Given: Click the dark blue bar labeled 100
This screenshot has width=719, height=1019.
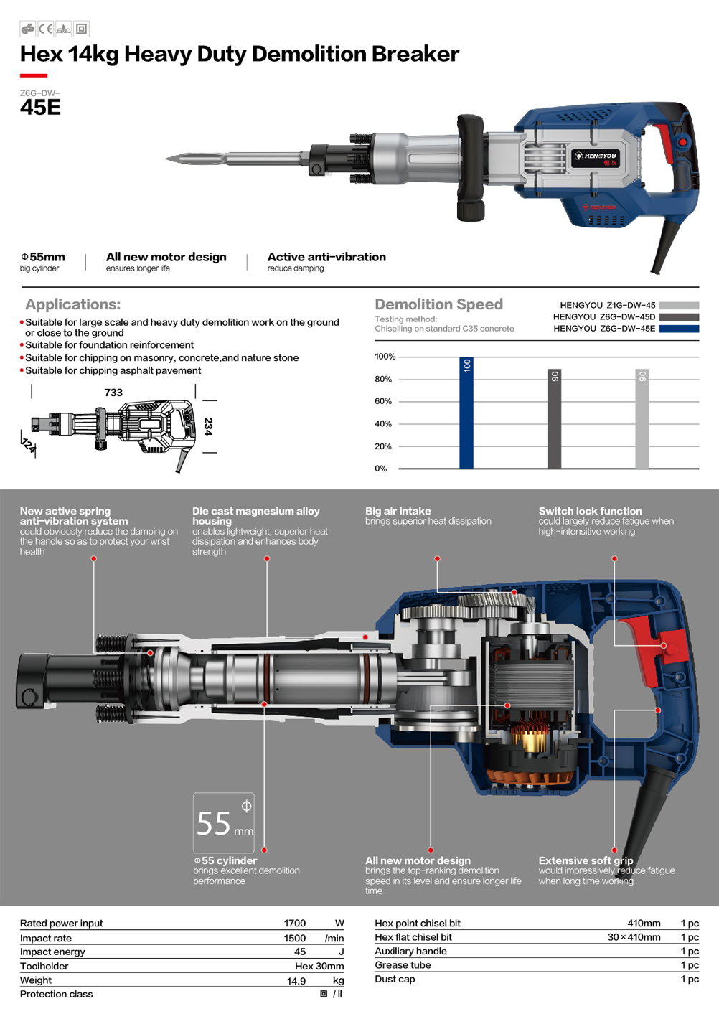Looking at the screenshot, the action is pos(466,413).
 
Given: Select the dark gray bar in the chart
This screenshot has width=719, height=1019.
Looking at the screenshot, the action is pos(554,418).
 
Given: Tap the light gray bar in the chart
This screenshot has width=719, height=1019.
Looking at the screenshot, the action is pos(642,418).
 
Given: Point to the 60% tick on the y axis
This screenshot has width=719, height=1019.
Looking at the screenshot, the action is pos(383,401).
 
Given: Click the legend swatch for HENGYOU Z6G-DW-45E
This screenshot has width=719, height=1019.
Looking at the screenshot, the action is pos(679,329).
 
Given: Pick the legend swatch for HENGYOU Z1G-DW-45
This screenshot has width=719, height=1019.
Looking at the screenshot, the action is pos(679,305).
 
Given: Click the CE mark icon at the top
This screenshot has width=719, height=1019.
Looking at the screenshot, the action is pos(45,29).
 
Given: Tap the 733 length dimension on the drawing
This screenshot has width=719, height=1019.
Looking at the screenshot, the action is pos(113,392).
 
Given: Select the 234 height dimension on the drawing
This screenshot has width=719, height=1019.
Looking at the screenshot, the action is pos(208,427).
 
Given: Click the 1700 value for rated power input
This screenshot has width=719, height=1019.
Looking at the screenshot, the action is pos(295,923).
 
